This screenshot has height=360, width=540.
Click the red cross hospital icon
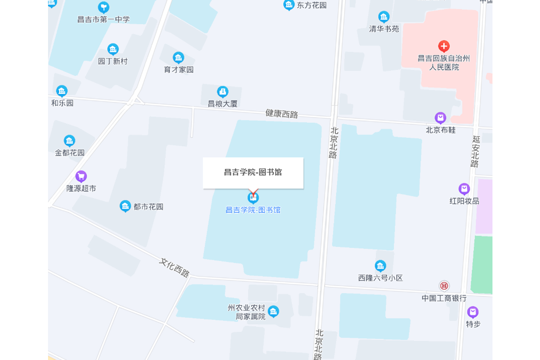click(444, 47)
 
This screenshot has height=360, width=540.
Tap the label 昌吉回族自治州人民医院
click(444, 63)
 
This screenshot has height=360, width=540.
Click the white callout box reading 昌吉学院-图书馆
click(253, 172)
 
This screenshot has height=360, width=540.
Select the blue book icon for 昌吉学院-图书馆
click(253, 197)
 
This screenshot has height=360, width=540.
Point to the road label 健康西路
click(282, 114)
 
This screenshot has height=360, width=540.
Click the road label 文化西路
click(174, 267)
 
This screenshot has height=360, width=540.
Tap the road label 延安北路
click(475, 151)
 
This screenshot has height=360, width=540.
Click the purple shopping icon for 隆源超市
click(81, 176)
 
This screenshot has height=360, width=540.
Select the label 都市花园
click(149, 206)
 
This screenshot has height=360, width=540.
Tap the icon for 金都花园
click(69, 141)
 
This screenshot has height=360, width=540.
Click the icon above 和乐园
click(62, 91)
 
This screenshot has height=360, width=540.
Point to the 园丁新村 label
click(113, 61)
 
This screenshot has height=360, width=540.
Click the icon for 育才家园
click(178, 58)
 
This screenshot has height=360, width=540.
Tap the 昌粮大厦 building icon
click(222, 92)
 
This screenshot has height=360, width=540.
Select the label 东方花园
click(311, 6)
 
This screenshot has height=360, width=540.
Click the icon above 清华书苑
click(384, 17)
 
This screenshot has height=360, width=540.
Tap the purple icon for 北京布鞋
click(440, 118)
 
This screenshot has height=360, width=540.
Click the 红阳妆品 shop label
click(464, 201)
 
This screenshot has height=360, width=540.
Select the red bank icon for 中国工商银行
click(444, 286)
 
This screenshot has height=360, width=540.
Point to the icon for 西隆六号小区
click(380, 266)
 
